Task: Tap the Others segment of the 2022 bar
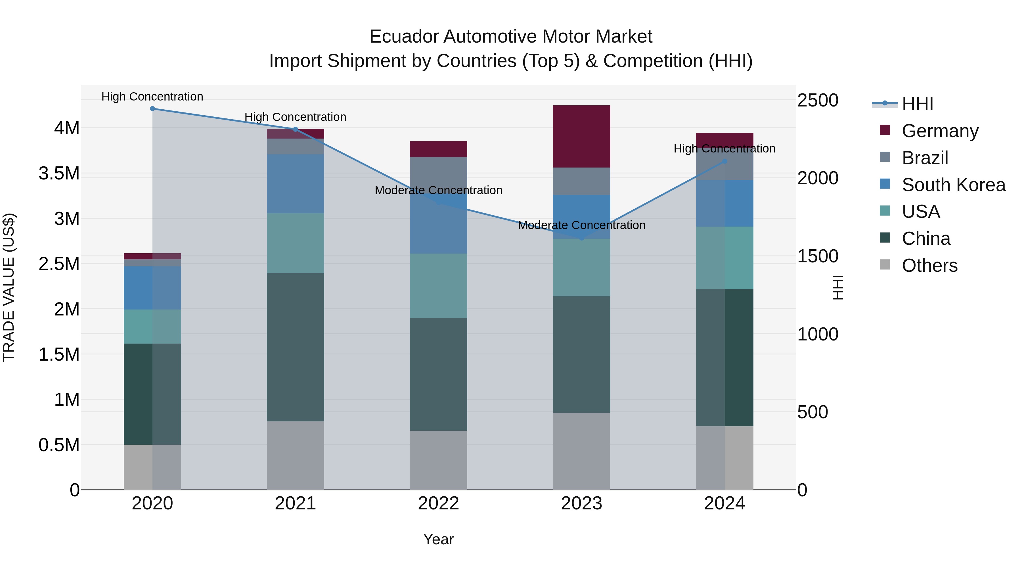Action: [438, 460]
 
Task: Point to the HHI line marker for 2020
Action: [152, 109]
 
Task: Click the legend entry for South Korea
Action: [953, 185]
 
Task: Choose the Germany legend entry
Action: [940, 131]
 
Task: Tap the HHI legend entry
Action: [917, 104]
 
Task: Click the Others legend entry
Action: [929, 265]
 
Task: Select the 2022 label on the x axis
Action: [438, 503]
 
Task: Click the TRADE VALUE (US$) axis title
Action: [9, 287]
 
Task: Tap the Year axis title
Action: [438, 539]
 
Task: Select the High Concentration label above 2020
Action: [152, 97]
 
